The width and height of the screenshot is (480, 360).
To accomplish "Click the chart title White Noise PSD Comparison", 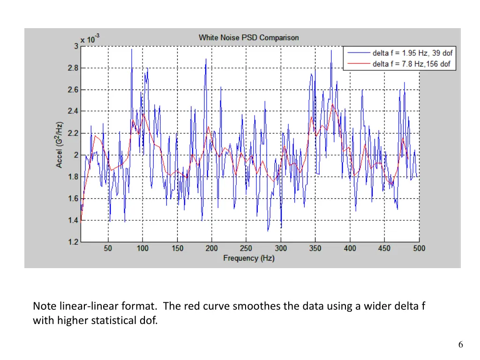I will (248, 37).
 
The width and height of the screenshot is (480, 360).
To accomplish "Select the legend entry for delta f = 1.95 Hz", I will (412, 53).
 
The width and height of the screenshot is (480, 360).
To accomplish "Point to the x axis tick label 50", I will (108, 248).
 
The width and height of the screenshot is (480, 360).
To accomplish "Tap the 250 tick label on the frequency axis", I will (246, 248).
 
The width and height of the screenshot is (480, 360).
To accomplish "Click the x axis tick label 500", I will (419, 248).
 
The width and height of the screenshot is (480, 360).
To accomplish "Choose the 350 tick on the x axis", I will (315, 248).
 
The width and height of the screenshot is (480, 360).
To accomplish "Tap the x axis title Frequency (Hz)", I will (249, 258).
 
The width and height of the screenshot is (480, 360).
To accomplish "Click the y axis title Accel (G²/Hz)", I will (60, 145).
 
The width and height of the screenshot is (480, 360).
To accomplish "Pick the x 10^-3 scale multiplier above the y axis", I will (90, 39).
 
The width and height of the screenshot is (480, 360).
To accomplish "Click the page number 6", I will (461, 345).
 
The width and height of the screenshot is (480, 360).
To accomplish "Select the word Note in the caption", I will (45, 307).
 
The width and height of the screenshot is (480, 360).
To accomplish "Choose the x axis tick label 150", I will (177, 248).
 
